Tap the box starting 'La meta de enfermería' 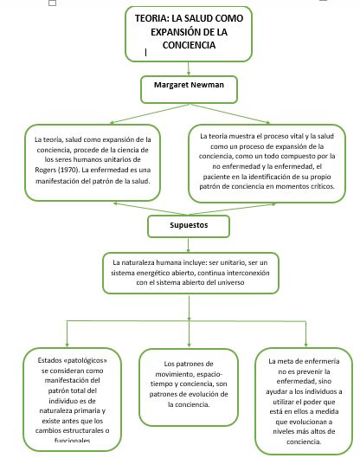point(304,399)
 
